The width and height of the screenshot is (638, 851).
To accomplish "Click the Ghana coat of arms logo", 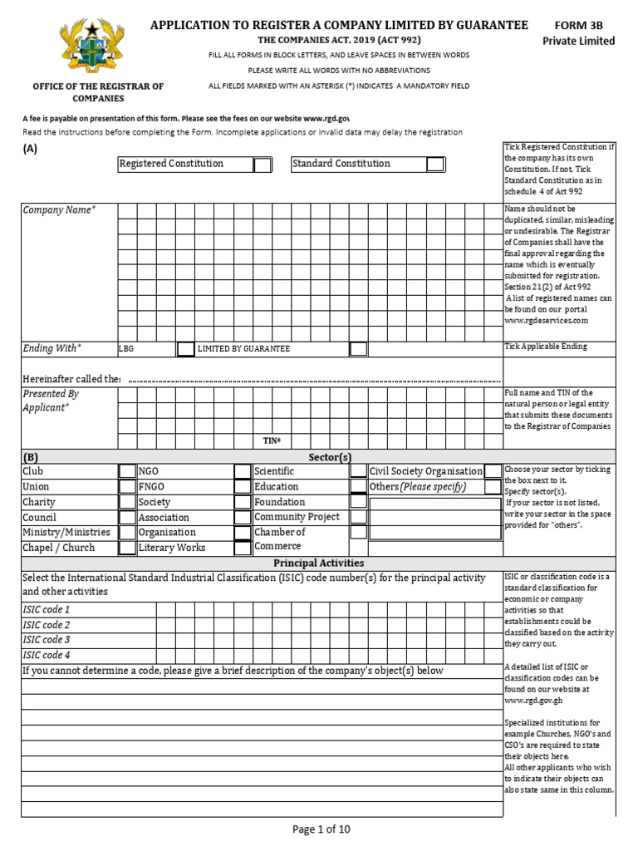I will (x=97, y=48).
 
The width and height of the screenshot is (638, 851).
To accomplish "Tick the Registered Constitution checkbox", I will (x=262, y=165).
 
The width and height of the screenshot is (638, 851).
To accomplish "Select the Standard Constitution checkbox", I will (x=435, y=165).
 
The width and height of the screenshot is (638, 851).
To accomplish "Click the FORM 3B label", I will (x=579, y=26).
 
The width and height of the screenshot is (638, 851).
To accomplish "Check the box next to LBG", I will (x=185, y=349).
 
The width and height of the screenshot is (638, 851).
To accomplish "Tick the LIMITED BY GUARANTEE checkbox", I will (x=358, y=349).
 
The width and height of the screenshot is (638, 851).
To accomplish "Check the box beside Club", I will (x=126, y=472).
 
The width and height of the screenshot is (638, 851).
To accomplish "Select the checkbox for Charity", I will (x=126, y=502).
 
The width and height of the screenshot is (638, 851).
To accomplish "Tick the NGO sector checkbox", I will (x=242, y=472).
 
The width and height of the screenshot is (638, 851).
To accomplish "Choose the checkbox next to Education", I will (x=358, y=487).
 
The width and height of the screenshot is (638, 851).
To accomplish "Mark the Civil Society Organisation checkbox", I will (x=493, y=471).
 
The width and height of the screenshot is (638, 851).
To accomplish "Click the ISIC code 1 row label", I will (x=47, y=610).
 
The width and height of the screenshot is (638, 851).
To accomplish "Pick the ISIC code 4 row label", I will (x=47, y=655).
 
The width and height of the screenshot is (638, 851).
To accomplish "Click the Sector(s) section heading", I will (x=330, y=457).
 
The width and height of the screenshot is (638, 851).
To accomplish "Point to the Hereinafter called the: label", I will (x=71, y=379).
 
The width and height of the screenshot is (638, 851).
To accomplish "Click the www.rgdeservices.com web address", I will (x=546, y=320).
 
